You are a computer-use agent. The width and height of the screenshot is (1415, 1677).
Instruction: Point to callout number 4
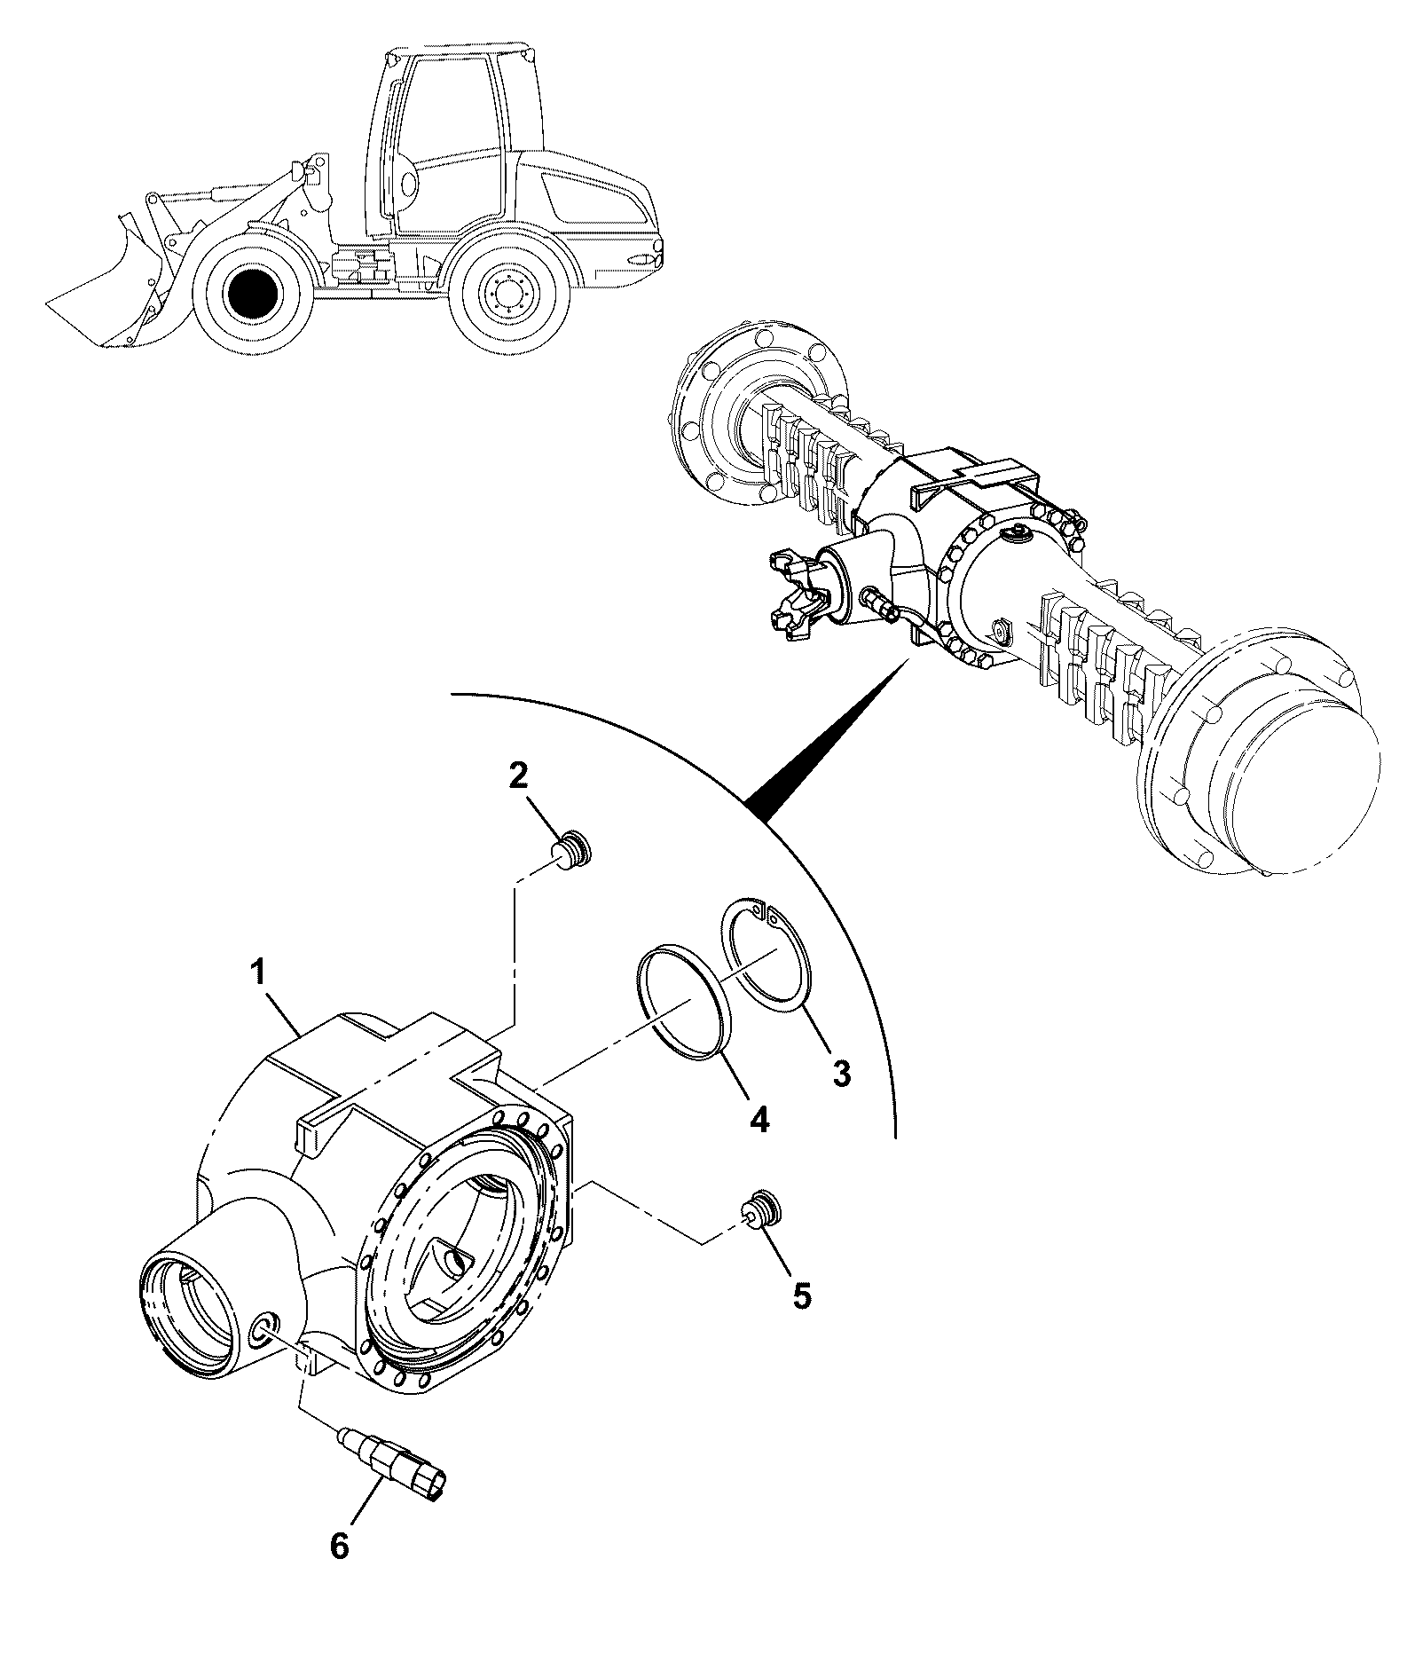[759, 1118]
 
